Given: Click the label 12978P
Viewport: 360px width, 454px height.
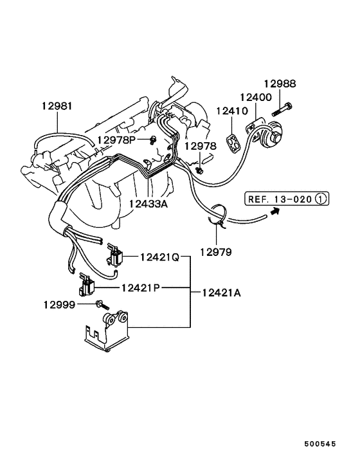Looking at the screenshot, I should click(x=117, y=140).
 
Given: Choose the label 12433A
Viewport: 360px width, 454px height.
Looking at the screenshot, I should click(x=148, y=204).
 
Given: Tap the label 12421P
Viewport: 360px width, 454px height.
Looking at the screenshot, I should click(x=142, y=287).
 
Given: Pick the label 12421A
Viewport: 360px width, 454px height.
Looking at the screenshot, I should click(x=221, y=293).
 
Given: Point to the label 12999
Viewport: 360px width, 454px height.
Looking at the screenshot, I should click(x=60, y=304).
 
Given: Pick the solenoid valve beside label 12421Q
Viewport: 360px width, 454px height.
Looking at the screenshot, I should click(x=116, y=259).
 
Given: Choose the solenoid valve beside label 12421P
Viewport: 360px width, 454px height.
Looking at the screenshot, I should click(x=87, y=285).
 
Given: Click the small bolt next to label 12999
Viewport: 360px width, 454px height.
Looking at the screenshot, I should click(x=100, y=304).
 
